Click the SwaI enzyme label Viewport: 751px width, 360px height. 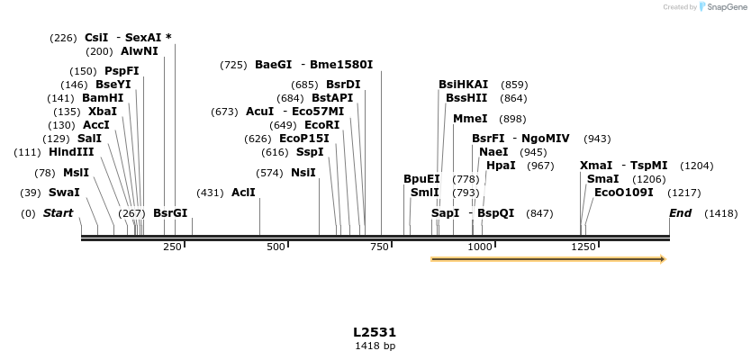click(x=64, y=193)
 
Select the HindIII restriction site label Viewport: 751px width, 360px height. click(x=71, y=152)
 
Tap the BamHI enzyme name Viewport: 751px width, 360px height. click(x=103, y=98)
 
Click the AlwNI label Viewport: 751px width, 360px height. click(x=139, y=51)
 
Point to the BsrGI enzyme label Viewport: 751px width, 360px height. click(x=170, y=213)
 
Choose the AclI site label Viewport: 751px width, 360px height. click(x=243, y=193)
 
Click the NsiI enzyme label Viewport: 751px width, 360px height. click(x=303, y=173)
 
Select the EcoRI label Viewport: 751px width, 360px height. click(x=322, y=124)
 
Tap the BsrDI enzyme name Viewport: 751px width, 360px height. click(x=343, y=85)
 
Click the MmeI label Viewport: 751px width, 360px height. click(x=470, y=119)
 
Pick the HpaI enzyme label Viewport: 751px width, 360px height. click(x=501, y=166)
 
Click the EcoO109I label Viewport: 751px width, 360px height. click(x=624, y=193)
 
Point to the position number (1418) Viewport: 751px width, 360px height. click(x=720, y=213)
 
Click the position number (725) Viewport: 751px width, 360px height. click(x=233, y=65)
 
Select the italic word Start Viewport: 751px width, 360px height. click(x=58, y=213)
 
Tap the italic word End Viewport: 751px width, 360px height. click(x=680, y=213)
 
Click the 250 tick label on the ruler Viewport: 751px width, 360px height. click(x=173, y=247)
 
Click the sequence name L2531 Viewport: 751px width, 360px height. click(x=375, y=332)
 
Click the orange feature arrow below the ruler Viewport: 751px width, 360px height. click(x=547, y=259)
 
